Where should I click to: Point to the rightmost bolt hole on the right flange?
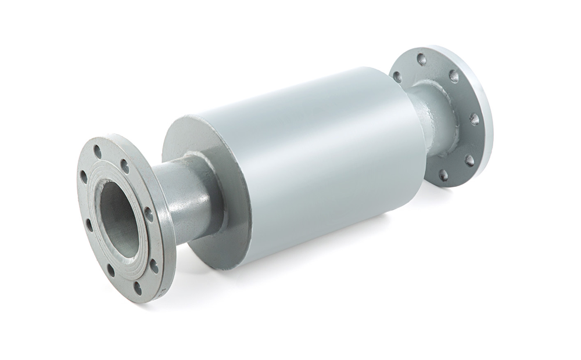pyautogui.click(x=474, y=118)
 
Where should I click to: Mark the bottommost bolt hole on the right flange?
pyautogui.click(x=443, y=174)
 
